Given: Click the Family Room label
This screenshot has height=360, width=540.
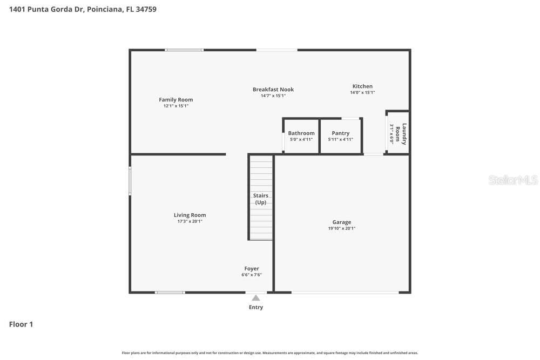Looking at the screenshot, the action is point(175,99).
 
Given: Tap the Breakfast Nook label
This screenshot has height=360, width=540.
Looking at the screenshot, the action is point(273,90).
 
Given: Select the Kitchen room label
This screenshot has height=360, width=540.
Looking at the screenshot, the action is point(362,86).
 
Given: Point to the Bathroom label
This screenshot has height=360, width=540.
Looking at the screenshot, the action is point(301,133).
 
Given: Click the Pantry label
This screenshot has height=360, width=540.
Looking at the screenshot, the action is point(341,133).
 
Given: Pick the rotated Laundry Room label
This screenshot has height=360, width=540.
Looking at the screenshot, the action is point(401,134).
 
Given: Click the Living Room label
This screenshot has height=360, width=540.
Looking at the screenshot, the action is point(190,215).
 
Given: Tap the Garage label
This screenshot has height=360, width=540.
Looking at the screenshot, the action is point(342,222).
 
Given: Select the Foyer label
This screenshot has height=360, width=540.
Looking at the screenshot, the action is point(252,268).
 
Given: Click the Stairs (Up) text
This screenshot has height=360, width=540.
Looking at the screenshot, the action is point(261,199).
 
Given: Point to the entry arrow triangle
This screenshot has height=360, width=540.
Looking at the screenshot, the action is point(256,298).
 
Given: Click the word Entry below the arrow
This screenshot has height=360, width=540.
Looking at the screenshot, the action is point(256,307).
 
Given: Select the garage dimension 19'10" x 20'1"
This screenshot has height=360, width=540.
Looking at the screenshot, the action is point(342,228).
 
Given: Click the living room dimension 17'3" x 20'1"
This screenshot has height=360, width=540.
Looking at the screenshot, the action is point(190,221).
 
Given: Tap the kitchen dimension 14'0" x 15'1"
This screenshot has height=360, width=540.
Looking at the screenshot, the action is point(362,92).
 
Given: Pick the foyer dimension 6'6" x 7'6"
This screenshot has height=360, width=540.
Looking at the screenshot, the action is point(252,275).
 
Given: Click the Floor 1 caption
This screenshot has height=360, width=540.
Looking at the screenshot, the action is point(21,324).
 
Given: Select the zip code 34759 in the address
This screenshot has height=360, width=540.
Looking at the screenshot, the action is point(146,9).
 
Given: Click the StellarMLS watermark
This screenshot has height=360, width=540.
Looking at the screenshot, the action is point(513,180).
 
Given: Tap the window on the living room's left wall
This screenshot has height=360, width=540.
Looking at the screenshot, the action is point(130,181).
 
